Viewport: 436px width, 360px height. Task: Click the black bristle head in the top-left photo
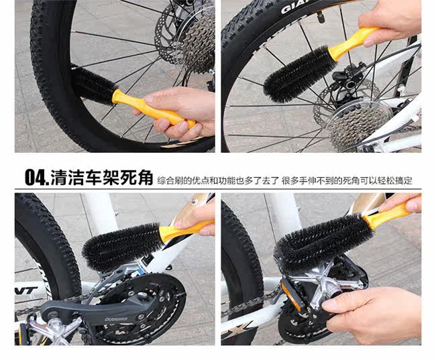click(94, 85)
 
